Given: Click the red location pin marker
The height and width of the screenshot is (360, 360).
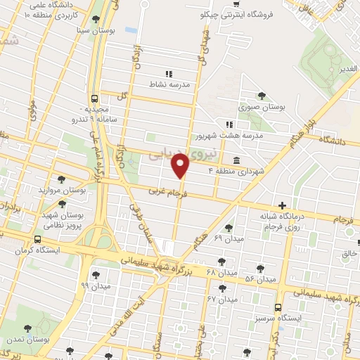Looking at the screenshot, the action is (x=181, y=166).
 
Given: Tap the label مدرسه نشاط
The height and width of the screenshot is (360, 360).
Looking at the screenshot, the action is (x=167, y=84).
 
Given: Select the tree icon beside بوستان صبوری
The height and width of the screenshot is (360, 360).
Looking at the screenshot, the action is (x=262, y=96).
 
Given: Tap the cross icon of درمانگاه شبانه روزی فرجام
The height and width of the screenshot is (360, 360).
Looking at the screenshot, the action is (x=283, y=205).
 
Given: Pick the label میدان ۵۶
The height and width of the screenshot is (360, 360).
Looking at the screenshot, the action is (x=259, y=280).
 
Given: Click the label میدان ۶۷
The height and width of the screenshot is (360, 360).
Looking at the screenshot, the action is (x=221, y=300).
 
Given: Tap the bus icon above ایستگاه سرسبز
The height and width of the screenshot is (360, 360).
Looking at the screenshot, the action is (x=278, y=308).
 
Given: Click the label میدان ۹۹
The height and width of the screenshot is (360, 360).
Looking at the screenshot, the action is (x=94, y=286).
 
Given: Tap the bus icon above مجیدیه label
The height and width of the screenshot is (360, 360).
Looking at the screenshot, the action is (x=95, y=99).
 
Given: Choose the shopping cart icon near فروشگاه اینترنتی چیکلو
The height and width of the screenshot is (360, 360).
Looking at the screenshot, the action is (x=236, y=4).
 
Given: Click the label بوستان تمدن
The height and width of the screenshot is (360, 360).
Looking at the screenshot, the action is (x=27, y=340).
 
